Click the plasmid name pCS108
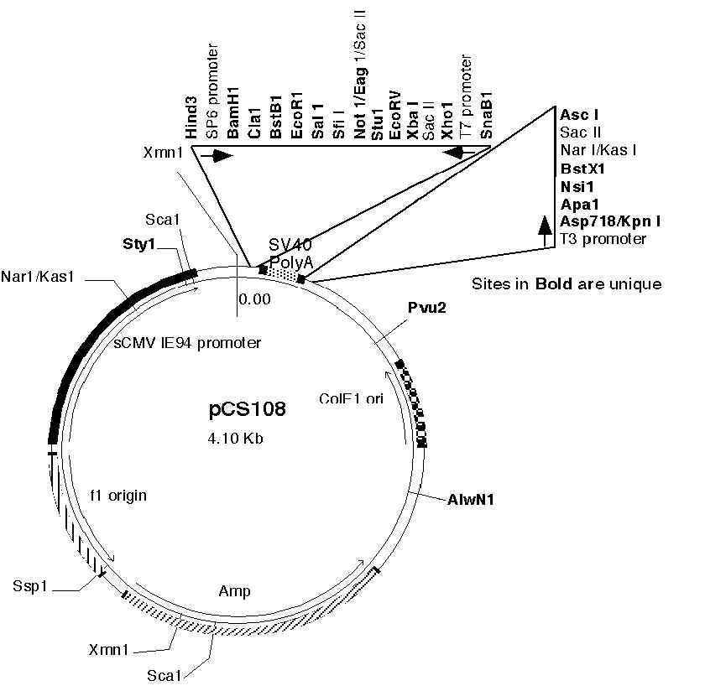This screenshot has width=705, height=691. pyautogui.click(x=247, y=409)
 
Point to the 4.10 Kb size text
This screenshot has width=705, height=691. pyautogui.click(x=236, y=438)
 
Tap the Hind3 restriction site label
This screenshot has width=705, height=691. pyautogui.click(x=191, y=118)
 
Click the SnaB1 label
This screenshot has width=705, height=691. pyautogui.click(x=488, y=118)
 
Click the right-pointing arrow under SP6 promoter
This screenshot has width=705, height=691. pyautogui.click(x=222, y=156)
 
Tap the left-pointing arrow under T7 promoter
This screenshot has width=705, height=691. pyautogui.click(x=459, y=153)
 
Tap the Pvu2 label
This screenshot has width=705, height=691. pyautogui.click(x=426, y=308)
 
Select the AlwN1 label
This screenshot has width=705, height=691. pyautogui.click(x=470, y=500)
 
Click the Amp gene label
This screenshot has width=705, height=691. pyautogui.click(x=235, y=591)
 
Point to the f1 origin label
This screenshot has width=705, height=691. pyautogui.click(x=117, y=496)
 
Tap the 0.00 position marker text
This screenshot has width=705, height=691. pyautogui.click(x=254, y=299)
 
